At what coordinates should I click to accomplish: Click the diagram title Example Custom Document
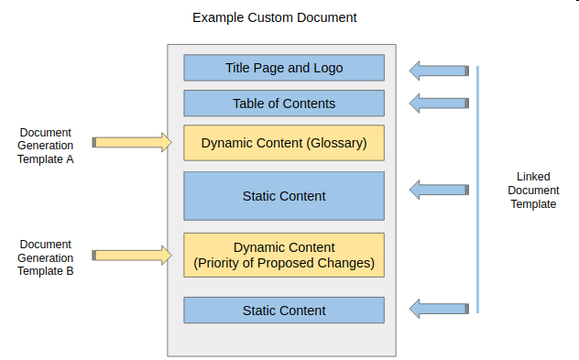274,17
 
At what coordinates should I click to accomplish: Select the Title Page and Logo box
284,68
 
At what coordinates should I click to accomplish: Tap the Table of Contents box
284,104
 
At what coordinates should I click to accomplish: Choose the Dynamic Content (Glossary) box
284,143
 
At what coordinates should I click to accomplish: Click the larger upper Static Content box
284,196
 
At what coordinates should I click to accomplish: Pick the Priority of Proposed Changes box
284,256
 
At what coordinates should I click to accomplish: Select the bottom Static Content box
284,311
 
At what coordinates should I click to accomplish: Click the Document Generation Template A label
45,146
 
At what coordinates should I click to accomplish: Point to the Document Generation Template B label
45,257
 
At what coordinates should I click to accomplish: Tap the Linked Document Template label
532,191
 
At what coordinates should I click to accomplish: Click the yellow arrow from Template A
133,142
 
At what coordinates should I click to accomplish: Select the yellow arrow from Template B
133,255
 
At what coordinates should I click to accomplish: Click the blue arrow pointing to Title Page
438,71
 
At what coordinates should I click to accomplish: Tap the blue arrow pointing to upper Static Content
438,190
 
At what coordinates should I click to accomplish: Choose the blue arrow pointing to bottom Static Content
438,308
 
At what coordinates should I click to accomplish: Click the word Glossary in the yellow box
337,143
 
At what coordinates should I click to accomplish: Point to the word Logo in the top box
327,68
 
